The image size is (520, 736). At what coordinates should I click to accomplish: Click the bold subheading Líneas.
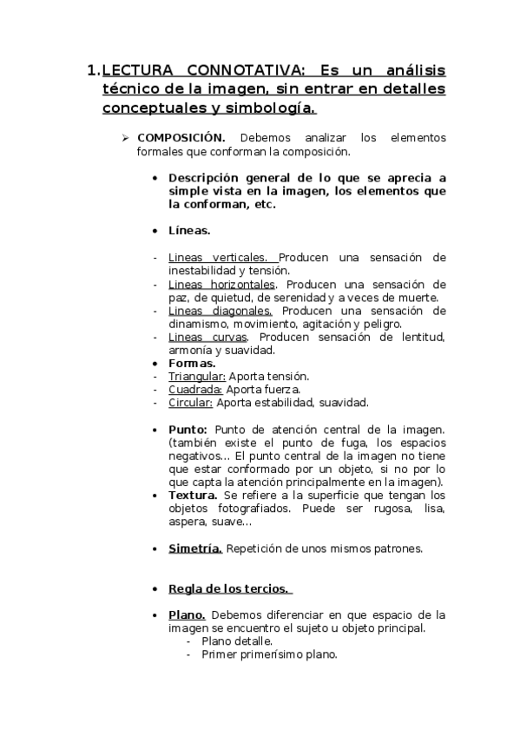point(189,231)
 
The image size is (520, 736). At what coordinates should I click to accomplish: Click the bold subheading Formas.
point(191,363)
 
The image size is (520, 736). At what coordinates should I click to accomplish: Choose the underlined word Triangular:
point(197,376)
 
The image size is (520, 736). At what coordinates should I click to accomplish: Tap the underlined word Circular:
point(191,402)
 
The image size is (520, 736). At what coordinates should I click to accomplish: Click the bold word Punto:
point(188,429)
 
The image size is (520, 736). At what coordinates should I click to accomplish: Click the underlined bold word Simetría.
point(195,549)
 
